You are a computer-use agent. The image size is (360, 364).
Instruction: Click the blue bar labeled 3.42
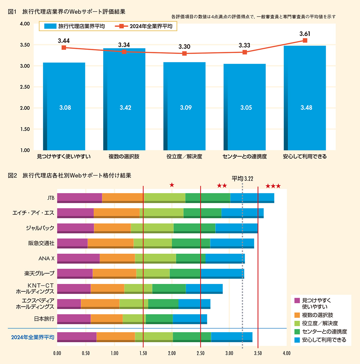[124, 99]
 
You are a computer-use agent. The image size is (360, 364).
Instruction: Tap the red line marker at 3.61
[305, 40]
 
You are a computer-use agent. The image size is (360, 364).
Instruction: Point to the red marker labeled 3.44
[64, 48]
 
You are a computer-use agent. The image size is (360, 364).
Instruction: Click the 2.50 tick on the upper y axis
[25, 87]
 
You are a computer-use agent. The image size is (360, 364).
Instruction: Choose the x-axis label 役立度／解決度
[184, 157]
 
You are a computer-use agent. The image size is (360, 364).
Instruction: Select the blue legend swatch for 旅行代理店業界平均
[50, 26]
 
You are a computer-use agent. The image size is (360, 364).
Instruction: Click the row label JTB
[51, 198]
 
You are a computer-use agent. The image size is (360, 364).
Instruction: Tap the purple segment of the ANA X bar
[78, 258]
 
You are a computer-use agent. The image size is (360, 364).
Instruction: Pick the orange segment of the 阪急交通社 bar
[110, 243]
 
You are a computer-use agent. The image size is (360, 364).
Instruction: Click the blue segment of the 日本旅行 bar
[190, 319]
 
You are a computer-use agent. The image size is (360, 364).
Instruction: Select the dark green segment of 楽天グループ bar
[185, 273]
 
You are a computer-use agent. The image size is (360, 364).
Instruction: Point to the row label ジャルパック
[40, 228]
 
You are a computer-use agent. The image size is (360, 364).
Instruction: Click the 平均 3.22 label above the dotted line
[242, 179]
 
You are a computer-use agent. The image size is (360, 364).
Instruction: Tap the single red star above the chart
[172, 185]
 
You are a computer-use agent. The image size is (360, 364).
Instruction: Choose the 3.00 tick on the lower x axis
[229, 353]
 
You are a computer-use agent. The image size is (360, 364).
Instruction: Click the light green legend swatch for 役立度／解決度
[297, 323]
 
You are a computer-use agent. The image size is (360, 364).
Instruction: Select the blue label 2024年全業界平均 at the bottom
[33, 337]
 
